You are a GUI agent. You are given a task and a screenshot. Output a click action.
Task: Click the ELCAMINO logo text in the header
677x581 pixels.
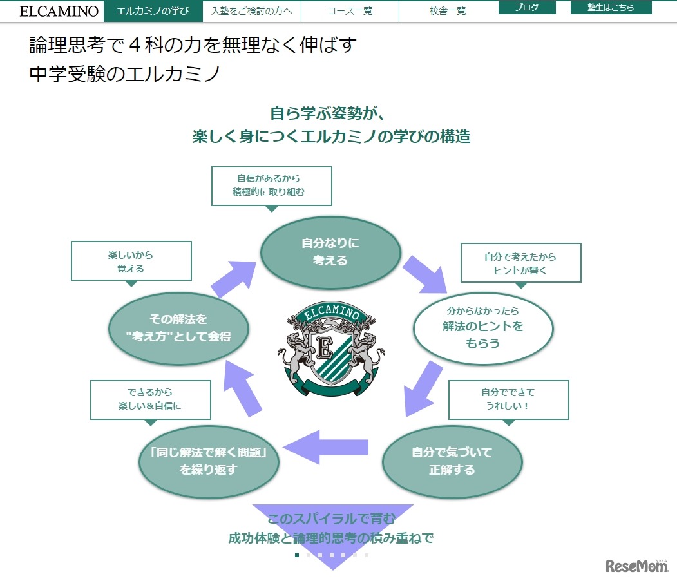(x=59, y=11)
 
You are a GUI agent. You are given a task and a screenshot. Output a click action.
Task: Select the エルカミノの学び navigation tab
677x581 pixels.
(x=153, y=11)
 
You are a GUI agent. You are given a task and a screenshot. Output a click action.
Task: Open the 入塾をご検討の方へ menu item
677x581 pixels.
(x=252, y=11)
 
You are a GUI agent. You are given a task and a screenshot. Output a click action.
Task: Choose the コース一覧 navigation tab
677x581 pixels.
(x=350, y=11)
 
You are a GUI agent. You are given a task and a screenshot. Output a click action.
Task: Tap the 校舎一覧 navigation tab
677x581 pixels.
(x=448, y=11)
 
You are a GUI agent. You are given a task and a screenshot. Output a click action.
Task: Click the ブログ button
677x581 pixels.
(x=527, y=8)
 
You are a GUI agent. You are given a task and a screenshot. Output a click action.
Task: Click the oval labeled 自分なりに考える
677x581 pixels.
(x=330, y=252)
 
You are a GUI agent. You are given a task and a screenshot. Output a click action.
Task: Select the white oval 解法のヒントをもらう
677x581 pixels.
(x=483, y=327)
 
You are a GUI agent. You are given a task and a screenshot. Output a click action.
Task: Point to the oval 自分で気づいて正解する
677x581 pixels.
(x=452, y=461)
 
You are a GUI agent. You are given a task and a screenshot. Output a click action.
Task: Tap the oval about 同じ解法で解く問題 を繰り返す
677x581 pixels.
(x=209, y=461)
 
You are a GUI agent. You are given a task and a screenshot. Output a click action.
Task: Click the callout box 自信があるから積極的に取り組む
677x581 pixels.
(x=271, y=186)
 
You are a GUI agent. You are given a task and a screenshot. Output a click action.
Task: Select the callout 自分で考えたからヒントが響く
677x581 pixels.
(x=520, y=263)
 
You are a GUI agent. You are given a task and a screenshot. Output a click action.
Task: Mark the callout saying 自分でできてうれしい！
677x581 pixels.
(x=508, y=399)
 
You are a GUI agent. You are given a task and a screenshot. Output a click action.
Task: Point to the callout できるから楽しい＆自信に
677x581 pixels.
(x=151, y=399)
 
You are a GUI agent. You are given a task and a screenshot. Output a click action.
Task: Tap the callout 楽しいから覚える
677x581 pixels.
(x=131, y=261)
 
